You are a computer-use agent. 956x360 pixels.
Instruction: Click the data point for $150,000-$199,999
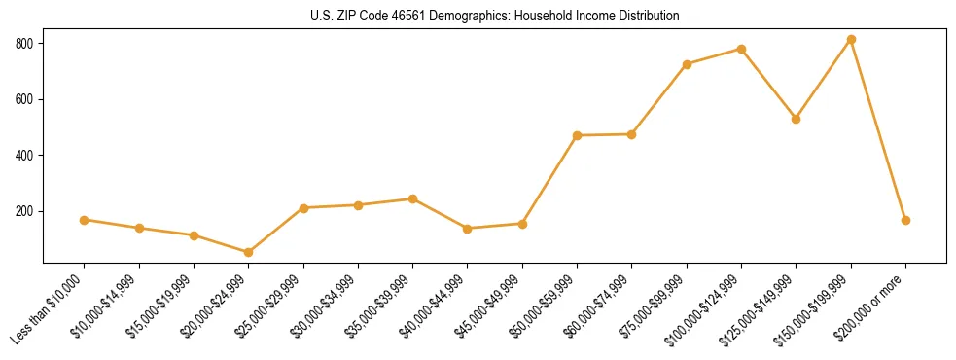tap(851, 40)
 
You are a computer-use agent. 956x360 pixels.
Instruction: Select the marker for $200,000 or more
tap(905, 220)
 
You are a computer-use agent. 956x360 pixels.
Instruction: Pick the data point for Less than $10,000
tap(85, 220)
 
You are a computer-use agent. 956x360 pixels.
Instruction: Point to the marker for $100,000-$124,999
tap(741, 49)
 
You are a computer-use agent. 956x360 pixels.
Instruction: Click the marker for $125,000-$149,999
tap(796, 119)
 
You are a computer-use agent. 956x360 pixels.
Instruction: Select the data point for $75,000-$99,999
tap(687, 64)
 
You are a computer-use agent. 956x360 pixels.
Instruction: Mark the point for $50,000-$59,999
tap(577, 135)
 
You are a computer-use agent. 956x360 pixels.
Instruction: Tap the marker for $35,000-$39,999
tap(412, 198)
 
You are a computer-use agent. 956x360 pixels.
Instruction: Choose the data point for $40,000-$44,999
tap(468, 229)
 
